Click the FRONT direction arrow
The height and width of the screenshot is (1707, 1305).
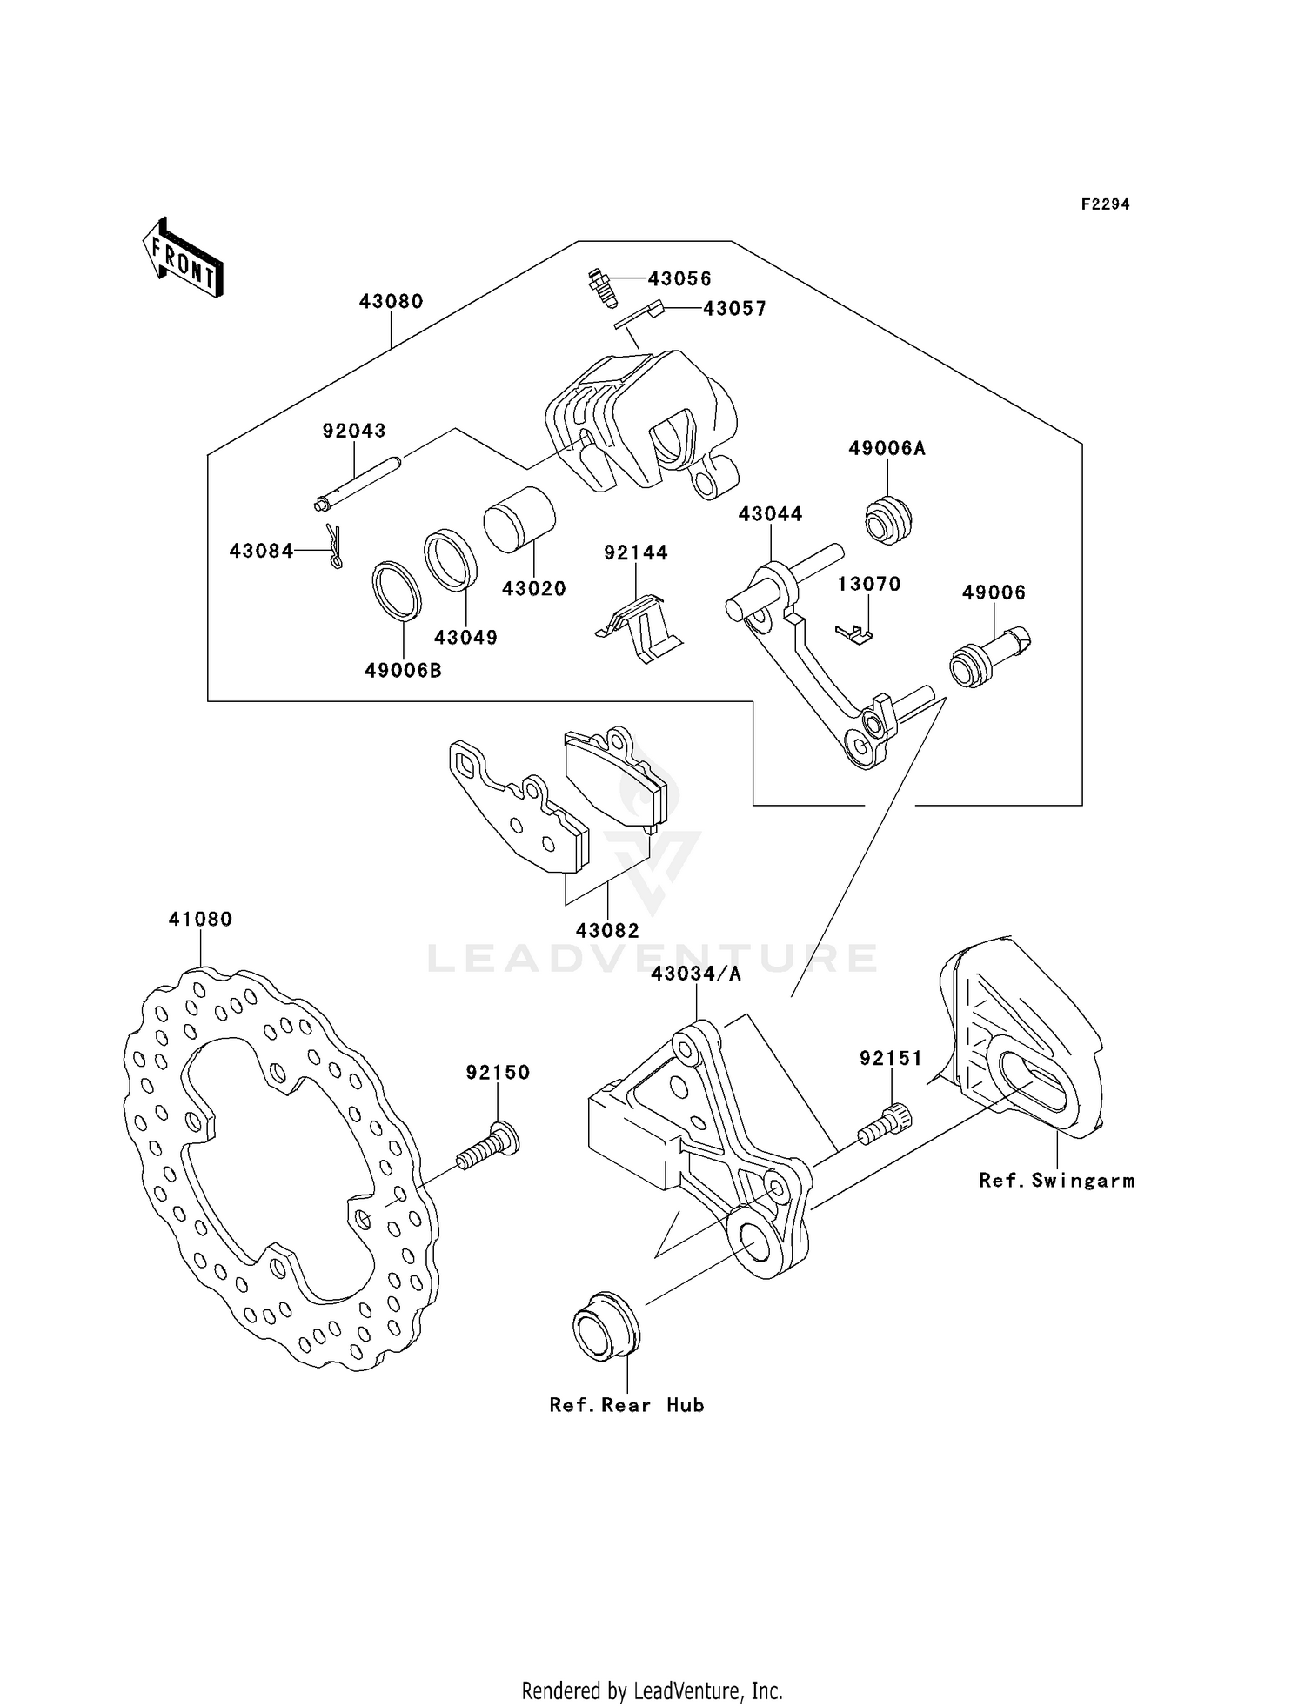pos(184,259)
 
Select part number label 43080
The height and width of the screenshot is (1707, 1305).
pos(391,302)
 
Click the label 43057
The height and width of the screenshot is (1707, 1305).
pos(734,309)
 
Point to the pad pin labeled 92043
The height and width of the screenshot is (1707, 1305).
pos(358,481)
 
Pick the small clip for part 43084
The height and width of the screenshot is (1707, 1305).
pos(334,546)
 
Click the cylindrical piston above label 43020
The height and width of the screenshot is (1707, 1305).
pos(519,518)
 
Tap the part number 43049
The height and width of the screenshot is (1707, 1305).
pos(465,638)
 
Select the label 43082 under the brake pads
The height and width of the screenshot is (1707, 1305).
pos(607,931)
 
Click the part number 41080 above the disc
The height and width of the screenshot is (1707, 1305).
pos(200,920)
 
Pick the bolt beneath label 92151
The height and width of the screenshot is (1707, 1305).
pos(884,1125)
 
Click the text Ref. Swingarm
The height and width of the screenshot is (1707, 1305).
pos(1056,1181)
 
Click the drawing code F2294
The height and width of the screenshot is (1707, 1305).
pos(1105,204)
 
